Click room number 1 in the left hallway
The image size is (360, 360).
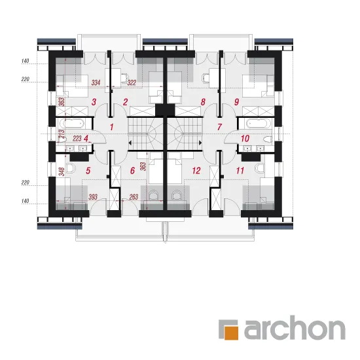(x=111, y=127)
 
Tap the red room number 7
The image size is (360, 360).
(x=219, y=127)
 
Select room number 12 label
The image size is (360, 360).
(x=196, y=171)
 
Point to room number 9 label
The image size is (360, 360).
(x=236, y=101)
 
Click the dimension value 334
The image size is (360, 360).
(x=96, y=82)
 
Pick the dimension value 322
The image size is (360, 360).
(x=132, y=82)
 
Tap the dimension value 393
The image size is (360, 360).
(x=93, y=197)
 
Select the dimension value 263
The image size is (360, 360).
(x=134, y=197)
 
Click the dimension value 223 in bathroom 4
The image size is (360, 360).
(x=77, y=139)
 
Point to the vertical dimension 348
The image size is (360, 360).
(x=62, y=171)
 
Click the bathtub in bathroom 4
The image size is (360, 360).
(x=72, y=124)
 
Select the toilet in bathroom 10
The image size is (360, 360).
(x=268, y=139)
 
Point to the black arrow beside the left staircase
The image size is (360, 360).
(x=130, y=143)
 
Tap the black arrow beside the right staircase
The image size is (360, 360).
(x=200, y=143)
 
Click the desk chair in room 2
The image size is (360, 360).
(x=125, y=78)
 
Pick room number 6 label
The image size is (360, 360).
(x=132, y=171)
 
